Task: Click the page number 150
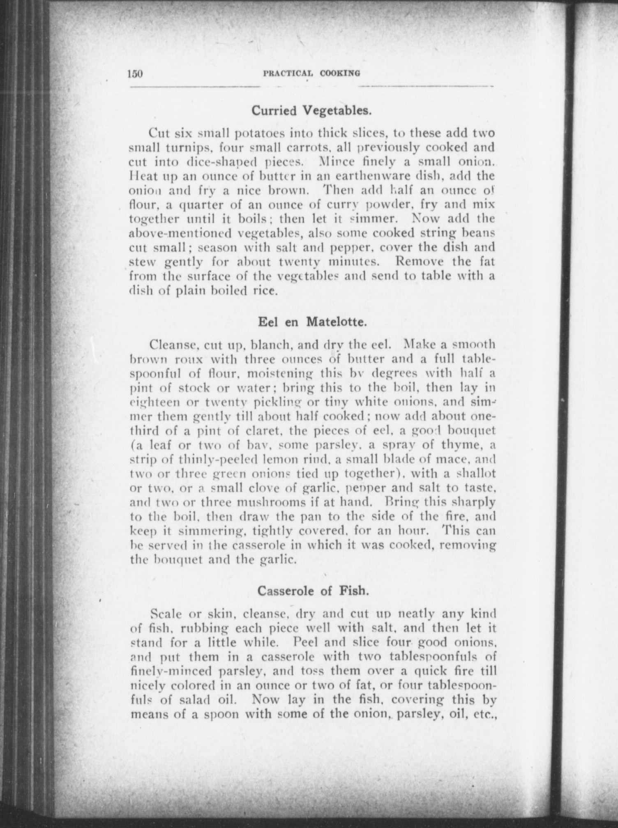point(135,74)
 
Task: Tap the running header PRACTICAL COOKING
point(311,74)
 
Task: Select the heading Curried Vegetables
point(311,110)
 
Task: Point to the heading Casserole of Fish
point(312,591)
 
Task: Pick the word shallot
point(477,474)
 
